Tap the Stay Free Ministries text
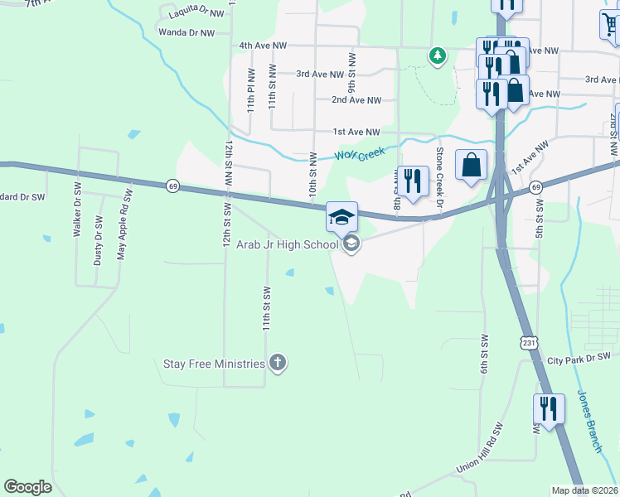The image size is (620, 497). click(213, 364)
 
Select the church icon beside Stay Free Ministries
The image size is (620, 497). click(278, 363)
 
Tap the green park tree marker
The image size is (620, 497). click(437, 55)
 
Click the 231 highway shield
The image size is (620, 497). click(530, 341)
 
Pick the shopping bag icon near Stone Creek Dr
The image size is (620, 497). click(471, 164)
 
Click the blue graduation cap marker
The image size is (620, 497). click(341, 217)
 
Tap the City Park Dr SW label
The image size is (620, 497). click(579, 359)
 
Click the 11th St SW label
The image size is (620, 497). click(267, 309)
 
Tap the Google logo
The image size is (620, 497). click(28, 486)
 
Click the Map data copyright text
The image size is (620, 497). click(584, 490)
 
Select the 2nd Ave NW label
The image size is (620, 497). click(356, 100)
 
